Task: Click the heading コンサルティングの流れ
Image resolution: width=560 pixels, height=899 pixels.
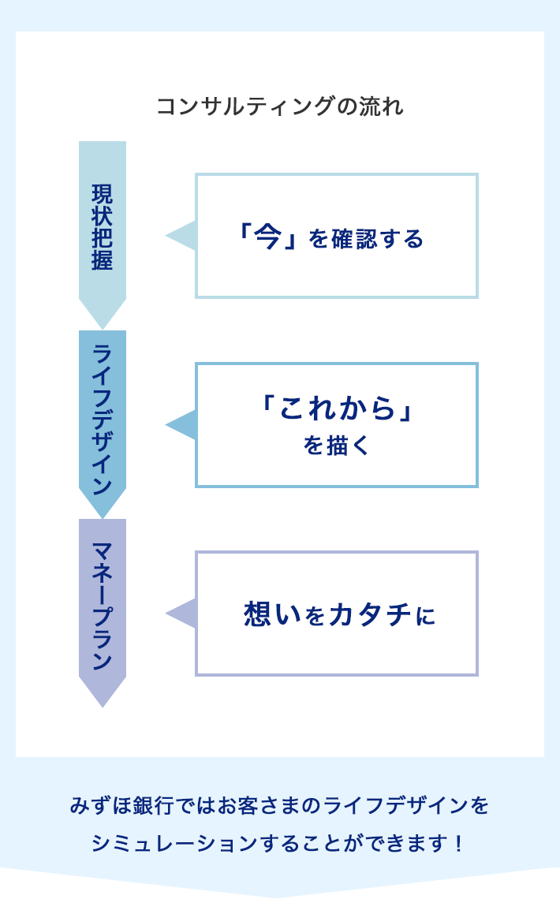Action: pos(280,106)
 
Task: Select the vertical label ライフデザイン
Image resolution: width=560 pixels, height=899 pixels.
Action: pos(102,419)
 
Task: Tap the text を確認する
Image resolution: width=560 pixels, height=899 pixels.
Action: pos(367,238)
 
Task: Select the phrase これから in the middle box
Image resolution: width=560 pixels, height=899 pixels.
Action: pos(337,408)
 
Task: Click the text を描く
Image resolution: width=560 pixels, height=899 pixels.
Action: pos(336,446)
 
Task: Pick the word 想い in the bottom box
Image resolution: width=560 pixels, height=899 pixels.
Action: pos(273,614)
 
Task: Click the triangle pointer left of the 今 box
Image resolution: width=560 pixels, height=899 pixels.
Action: pos(182,236)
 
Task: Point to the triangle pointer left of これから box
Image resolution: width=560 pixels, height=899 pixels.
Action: pos(182,425)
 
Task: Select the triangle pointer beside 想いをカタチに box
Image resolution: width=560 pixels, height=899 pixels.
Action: pos(182,614)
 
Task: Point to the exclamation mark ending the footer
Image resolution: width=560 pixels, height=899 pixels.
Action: pos(459,844)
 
